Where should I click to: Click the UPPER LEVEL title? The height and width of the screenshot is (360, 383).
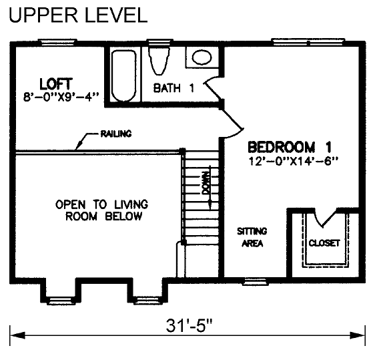point(78,15)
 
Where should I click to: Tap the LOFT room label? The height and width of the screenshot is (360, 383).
point(56,84)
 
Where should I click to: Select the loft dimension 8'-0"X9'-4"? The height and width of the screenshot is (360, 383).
point(61,97)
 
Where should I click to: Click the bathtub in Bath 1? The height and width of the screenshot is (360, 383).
point(123,75)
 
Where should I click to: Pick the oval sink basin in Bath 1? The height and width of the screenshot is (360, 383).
point(202,57)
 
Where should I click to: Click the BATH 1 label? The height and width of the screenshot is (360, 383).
point(173,87)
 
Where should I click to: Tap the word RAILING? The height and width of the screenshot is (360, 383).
point(116,134)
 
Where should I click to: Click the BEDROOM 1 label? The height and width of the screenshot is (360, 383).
point(290,147)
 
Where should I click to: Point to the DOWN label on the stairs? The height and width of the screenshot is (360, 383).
point(206,183)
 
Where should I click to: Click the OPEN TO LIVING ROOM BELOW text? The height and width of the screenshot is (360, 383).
point(102,210)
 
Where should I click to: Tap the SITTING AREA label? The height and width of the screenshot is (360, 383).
point(252,237)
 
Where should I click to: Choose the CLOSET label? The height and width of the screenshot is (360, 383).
point(324,243)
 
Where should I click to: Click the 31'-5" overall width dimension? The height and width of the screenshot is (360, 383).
point(189,325)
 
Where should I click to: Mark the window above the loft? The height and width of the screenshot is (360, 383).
point(57,42)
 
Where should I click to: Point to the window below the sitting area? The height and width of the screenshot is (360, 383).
point(255,281)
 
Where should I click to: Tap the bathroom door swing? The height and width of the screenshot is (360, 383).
point(213,88)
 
